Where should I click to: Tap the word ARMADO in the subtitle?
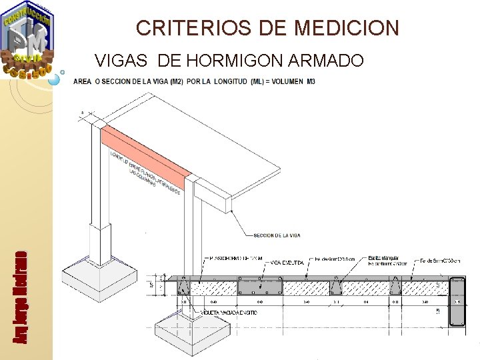[x=326, y=61]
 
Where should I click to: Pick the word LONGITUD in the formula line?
[x=227, y=81]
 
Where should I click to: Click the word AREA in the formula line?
[x=83, y=81]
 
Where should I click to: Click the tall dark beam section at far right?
[x=457, y=302]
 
